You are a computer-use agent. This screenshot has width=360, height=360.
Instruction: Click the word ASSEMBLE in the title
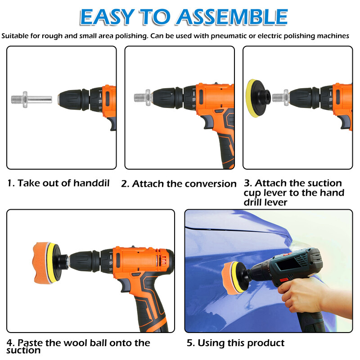point(232,17)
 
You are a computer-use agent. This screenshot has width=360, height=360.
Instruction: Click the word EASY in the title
point(107,17)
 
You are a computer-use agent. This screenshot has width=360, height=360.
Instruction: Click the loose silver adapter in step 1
point(31,99)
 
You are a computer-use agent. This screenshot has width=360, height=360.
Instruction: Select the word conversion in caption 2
point(211,184)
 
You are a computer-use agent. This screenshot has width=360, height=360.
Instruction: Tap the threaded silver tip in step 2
point(139,98)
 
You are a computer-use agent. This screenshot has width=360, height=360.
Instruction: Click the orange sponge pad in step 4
point(40,263)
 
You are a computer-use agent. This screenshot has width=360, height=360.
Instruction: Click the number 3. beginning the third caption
point(248,183)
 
